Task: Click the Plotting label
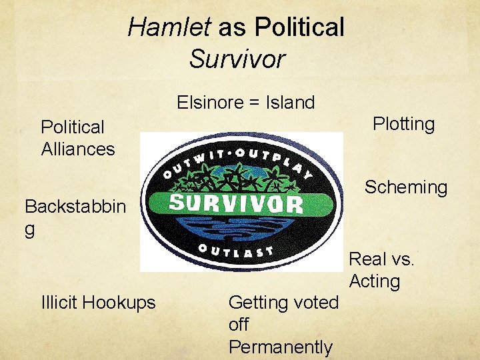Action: [403, 124]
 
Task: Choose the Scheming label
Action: [405, 187]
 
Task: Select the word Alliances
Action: [78, 149]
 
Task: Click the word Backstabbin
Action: [75, 206]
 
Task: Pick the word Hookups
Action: [122, 303]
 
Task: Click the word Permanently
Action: [280, 347]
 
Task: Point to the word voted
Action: [313, 303]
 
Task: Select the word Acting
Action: [374, 281]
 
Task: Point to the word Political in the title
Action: [299, 27]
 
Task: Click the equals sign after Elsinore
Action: [257, 103]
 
